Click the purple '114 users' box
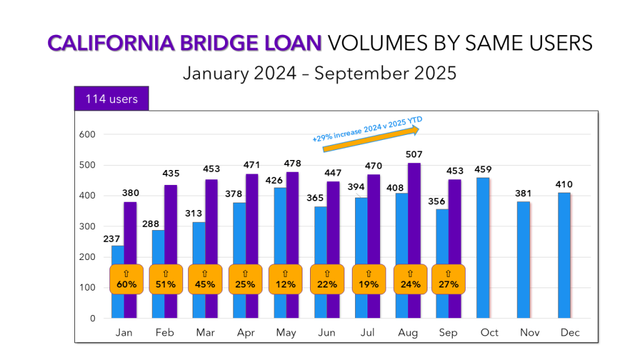112,99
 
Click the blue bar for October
483,247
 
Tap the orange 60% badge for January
124,279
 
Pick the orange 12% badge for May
285,279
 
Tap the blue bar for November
524,259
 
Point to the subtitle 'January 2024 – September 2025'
319,73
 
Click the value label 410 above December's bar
564,184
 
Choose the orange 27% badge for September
448,279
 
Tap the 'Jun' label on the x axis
326,332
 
